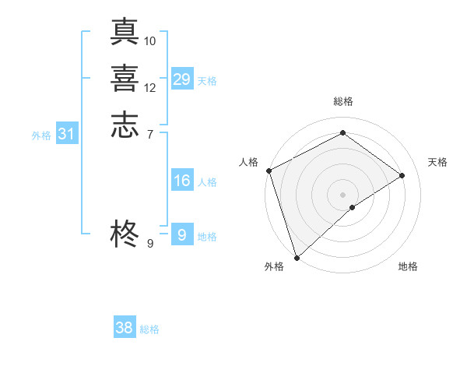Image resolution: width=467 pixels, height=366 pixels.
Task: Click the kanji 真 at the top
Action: [125, 31]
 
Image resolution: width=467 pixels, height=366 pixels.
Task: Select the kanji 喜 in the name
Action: [125, 79]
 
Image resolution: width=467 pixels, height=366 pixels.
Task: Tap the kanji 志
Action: [125, 126]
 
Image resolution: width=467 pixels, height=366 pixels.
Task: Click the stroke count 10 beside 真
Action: [150, 40]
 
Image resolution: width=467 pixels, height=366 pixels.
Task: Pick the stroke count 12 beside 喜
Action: [150, 87]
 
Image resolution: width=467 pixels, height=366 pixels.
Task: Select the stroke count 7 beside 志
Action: [150, 135]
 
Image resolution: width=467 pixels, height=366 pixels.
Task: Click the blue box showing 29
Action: [182, 79]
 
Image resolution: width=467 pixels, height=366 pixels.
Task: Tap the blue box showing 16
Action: [182, 181]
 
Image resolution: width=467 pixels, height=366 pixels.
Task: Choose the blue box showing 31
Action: [67, 134]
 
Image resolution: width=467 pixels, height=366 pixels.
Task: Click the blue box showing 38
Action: [125, 328]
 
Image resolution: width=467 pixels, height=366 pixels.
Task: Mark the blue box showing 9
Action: [182, 234]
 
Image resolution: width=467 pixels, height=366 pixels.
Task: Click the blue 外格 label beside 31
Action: [41, 135]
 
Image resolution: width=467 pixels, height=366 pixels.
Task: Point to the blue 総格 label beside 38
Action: [149, 329]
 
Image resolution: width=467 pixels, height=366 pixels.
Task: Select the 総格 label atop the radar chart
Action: [343, 101]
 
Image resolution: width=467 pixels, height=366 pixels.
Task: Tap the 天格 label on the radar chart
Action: [438, 162]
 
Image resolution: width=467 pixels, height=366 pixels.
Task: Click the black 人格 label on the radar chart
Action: [248, 162]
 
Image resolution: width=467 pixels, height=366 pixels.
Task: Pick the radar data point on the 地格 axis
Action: [353, 207]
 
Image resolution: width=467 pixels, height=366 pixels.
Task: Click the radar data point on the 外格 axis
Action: [297, 256]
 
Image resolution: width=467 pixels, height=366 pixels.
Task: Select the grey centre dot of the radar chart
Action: [343, 194]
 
